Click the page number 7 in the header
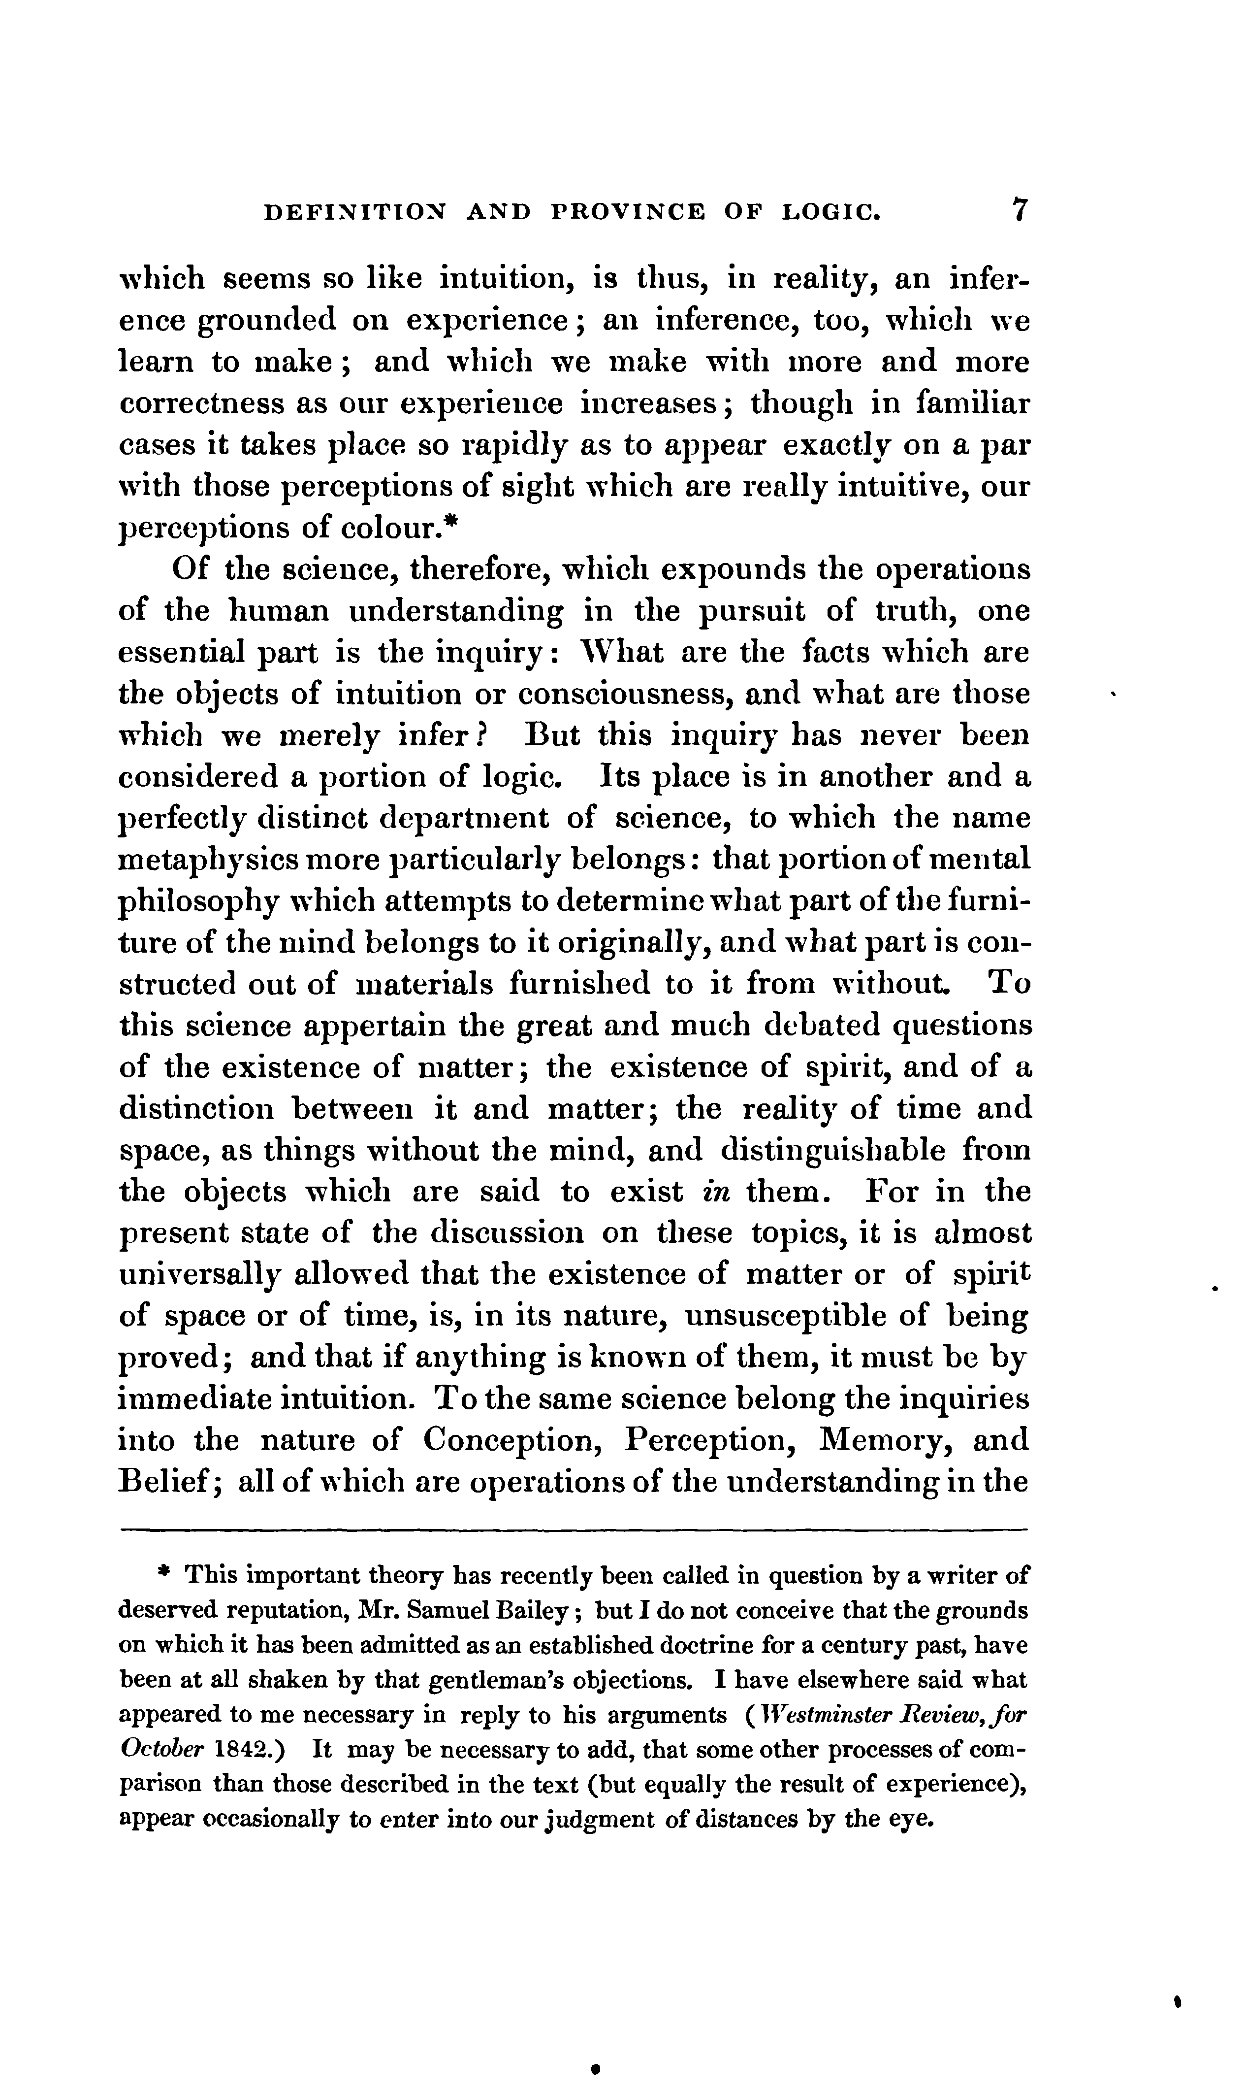(1020, 210)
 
